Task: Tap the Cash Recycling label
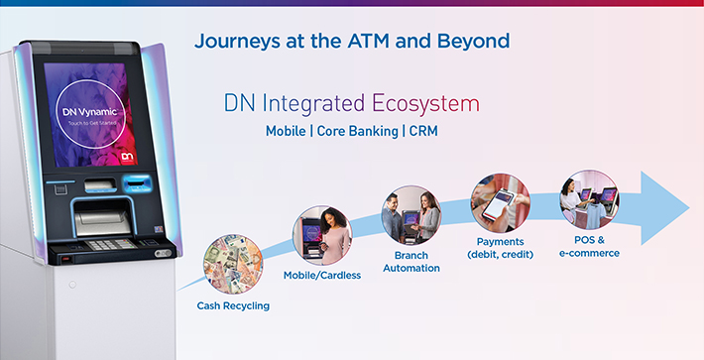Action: pyautogui.click(x=232, y=305)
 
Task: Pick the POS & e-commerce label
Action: pyautogui.click(x=588, y=246)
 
